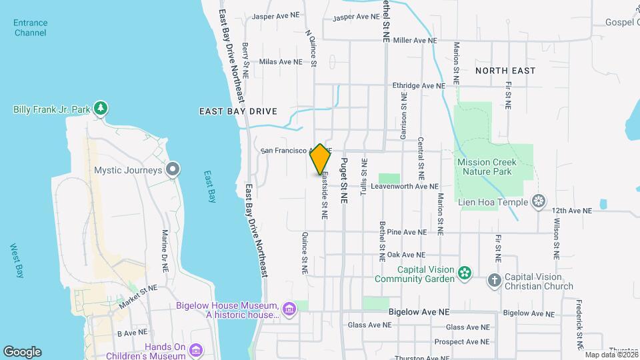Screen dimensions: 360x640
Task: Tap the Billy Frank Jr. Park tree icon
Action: (101, 108)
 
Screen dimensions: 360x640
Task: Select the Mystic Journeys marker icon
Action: (173, 169)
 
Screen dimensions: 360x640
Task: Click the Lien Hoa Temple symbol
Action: (539, 201)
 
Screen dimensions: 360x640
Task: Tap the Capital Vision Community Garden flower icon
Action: (465, 272)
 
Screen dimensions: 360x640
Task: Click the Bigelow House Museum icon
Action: (289, 309)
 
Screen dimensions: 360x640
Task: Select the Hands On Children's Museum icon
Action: (196, 350)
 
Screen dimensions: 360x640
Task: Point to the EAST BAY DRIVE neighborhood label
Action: (238, 111)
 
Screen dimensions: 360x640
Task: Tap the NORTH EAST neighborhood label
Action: (505, 70)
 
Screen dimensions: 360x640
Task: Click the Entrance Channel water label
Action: (30, 27)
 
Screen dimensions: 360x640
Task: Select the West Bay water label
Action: (17, 260)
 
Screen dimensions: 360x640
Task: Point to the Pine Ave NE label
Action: (406, 233)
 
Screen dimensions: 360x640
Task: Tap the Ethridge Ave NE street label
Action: (418, 86)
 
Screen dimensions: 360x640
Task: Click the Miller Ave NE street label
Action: (415, 41)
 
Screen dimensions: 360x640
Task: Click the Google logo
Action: (22, 351)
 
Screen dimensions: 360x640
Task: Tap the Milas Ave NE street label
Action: (281, 62)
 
